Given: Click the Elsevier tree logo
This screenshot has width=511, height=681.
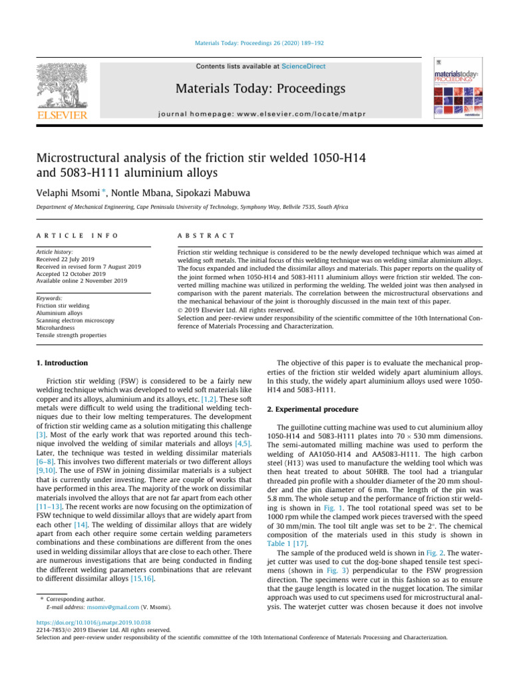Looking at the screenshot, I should tap(61, 86).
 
